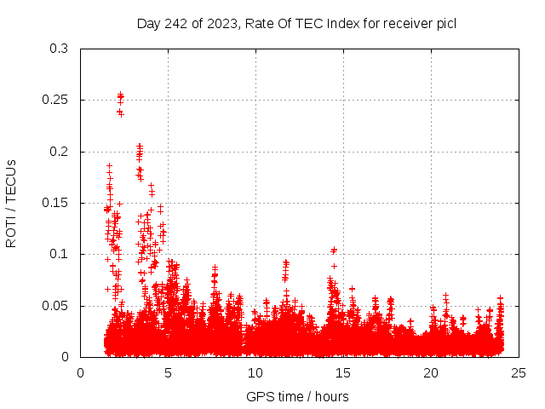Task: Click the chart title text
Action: coord(296,24)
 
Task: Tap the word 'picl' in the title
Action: coord(445,24)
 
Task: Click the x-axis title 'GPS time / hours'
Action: coord(297,396)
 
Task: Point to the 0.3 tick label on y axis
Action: coord(60,49)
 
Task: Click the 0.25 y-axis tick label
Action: coord(56,100)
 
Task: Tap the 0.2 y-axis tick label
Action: coord(60,152)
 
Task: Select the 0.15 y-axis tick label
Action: coord(56,203)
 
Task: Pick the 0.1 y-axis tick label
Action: coord(60,254)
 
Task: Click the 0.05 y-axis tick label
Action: coord(56,306)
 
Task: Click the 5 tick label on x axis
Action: coord(168,372)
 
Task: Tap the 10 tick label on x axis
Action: coord(255,372)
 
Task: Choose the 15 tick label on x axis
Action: coord(343,372)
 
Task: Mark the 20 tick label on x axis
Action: coord(431,372)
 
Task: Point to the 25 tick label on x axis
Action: coord(519,372)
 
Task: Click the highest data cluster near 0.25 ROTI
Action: coord(120,97)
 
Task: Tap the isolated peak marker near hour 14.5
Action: coord(334,250)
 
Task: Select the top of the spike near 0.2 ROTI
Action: coord(140,147)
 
